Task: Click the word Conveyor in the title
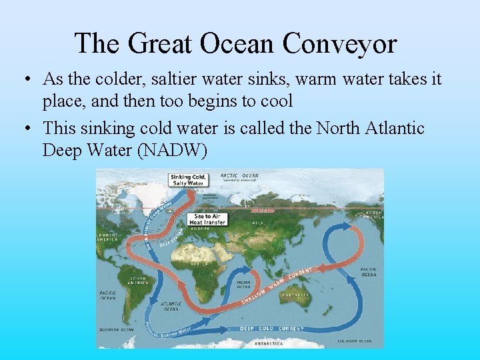pyautogui.click(x=339, y=44)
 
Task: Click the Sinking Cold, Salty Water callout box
pyautogui.click(x=188, y=179)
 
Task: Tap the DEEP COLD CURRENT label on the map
pyautogui.click(x=272, y=329)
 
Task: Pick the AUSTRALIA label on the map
pyautogui.click(x=297, y=294)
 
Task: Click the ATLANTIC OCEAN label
pyautogui.click(x=171, y=306)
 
